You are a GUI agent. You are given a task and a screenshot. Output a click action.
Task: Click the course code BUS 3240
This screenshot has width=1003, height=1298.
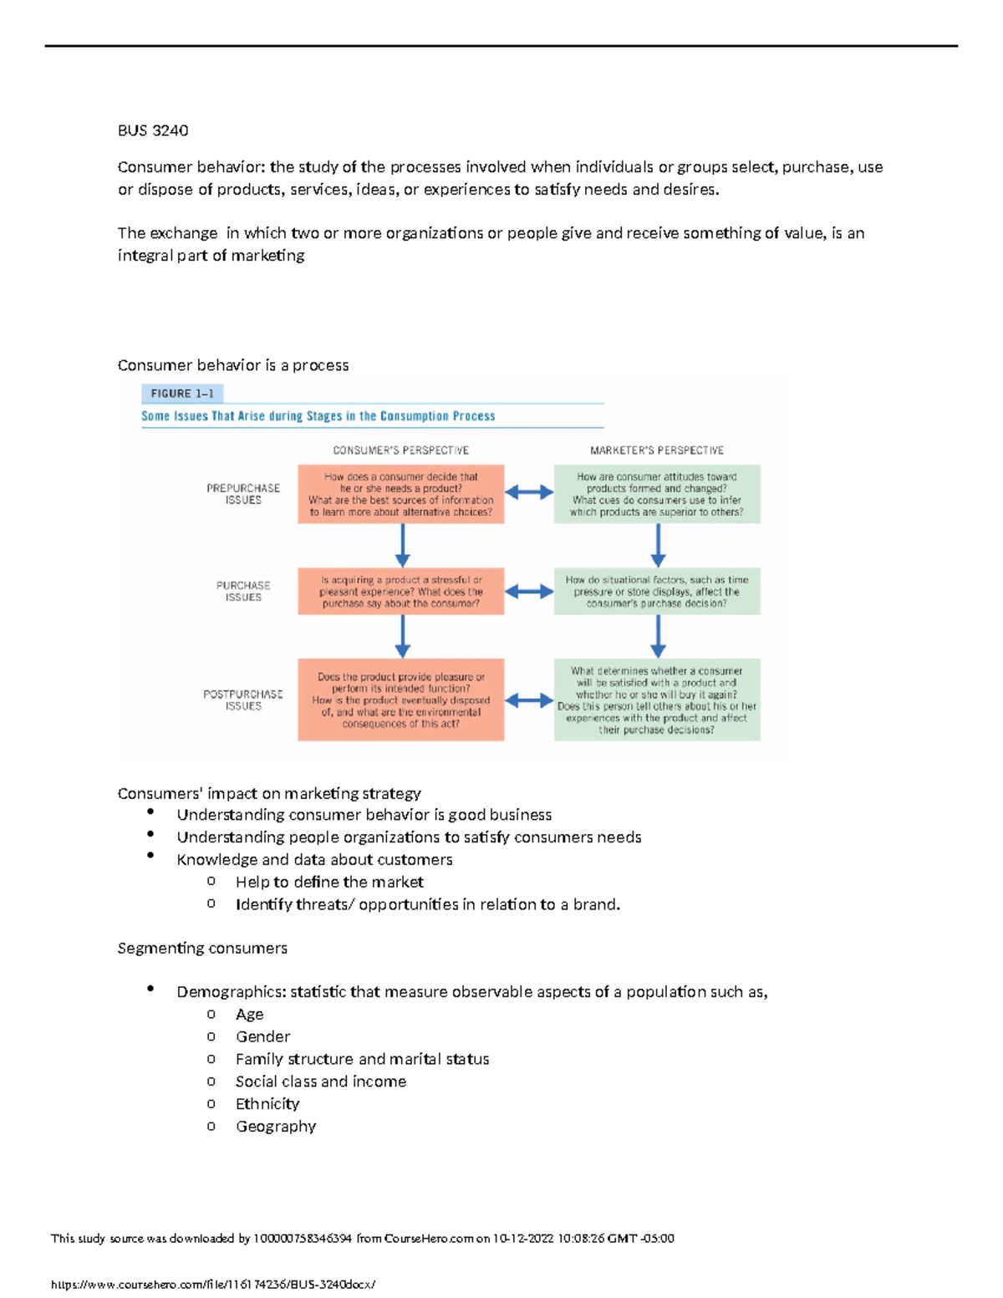pos(153,130)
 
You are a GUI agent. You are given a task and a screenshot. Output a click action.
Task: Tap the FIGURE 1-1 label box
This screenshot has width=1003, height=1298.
pos(182,393)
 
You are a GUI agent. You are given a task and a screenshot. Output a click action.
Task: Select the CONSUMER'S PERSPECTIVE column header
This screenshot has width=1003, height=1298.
pos(400,450)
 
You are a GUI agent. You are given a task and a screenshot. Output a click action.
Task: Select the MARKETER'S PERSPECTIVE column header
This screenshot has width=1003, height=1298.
pos(656,450)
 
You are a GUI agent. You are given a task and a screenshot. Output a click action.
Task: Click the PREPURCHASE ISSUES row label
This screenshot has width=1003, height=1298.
pos(243,494)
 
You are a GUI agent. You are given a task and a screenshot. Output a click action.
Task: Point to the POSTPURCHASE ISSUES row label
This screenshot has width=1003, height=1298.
pos(243,700)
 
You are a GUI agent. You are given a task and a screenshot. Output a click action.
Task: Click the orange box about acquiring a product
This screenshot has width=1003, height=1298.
pos(401,592)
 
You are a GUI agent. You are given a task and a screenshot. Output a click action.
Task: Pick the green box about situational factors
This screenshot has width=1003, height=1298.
pos(657,592)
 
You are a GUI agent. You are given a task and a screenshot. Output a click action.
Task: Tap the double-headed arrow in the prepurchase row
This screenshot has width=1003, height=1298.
pos(529,493)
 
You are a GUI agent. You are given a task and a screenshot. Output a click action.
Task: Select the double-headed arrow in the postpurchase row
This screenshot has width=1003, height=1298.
pos(529,700)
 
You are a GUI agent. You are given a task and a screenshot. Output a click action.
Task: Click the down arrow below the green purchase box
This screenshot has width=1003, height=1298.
pos(658,637)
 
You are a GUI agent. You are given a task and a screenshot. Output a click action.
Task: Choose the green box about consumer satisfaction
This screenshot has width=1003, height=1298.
pos(657,700)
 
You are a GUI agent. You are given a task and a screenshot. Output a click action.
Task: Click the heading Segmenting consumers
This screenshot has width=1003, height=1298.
pos(202,949)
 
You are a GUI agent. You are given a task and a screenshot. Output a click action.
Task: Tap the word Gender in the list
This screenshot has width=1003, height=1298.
pos(262,1037)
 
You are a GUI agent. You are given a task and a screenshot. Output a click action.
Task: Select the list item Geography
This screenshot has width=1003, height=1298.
pos(276,1127)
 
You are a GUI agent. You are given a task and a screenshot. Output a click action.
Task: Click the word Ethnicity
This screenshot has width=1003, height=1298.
pos(267,1104)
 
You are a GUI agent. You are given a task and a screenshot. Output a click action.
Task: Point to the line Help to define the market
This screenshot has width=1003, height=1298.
pos(329,883)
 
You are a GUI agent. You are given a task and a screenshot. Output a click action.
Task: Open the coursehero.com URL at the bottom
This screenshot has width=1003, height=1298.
pos(213,1285)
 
